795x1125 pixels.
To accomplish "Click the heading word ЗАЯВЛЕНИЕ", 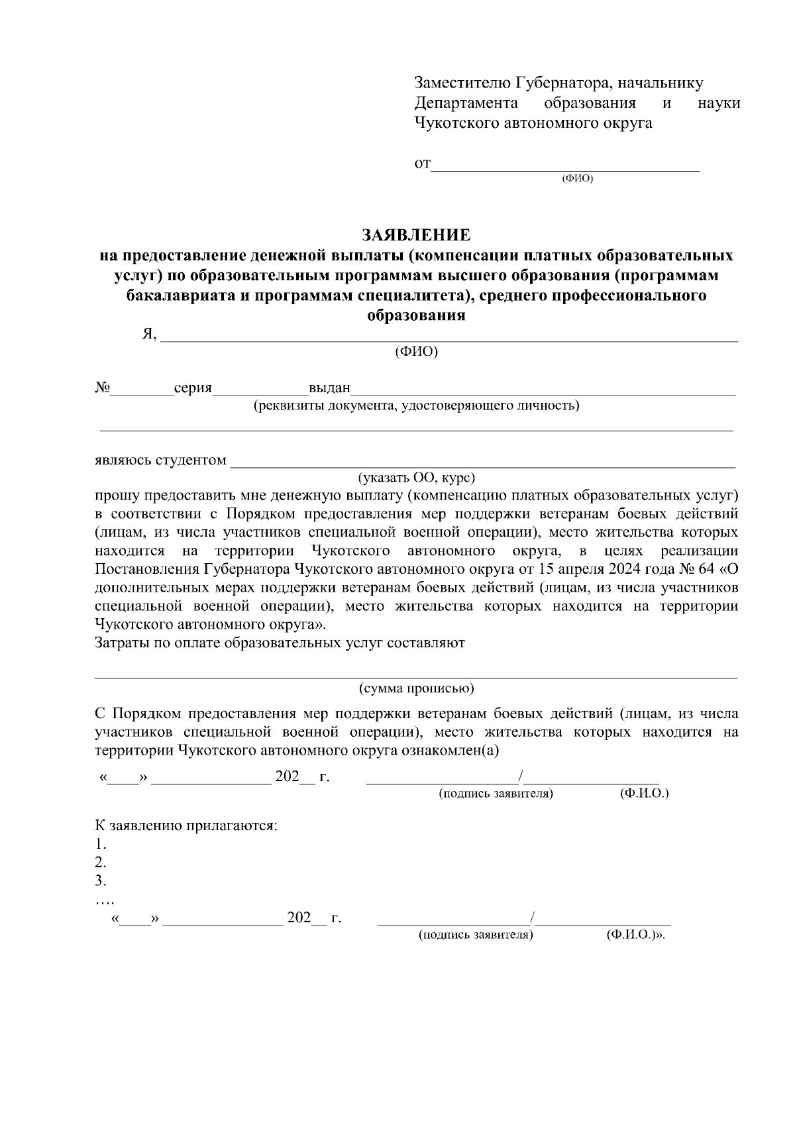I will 416,235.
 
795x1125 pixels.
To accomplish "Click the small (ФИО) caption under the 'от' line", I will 577,180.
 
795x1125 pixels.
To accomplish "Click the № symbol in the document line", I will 102,388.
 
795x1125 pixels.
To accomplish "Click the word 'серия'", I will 193,389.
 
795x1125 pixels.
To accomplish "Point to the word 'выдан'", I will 329,389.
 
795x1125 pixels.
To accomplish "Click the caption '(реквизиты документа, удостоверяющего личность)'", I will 417,405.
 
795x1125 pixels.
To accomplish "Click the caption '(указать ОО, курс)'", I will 417,478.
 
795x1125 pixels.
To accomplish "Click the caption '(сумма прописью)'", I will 417,688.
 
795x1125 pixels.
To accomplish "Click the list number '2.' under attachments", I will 101,863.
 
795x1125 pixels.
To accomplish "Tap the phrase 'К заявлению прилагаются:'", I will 186,826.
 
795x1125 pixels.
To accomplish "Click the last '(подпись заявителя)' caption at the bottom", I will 475,935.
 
